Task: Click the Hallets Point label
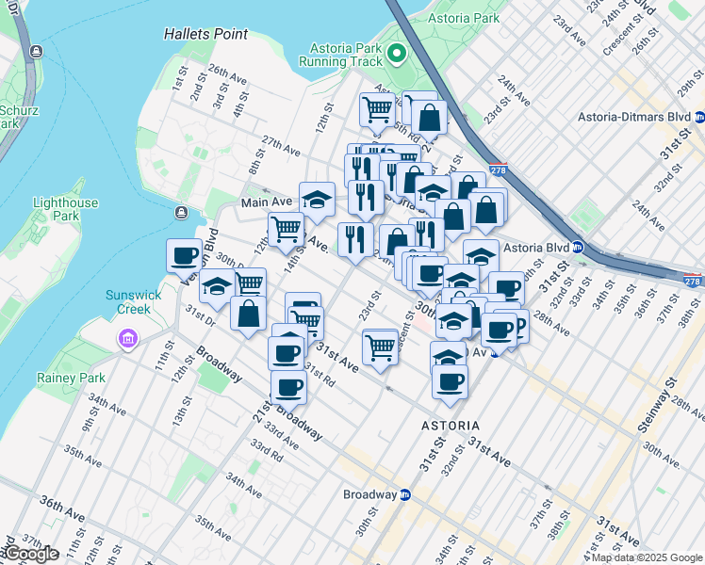(x=205, y=34)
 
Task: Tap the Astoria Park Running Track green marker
(x=397, y=53)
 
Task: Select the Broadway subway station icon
(x=405, y=494)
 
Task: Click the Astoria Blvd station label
(x=537, y=248)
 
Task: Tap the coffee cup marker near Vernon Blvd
(x=185, y=255)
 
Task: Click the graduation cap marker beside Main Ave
(x=317, y=199)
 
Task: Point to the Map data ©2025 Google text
(x=647, y=557)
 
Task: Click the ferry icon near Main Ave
(x=180, y=212)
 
